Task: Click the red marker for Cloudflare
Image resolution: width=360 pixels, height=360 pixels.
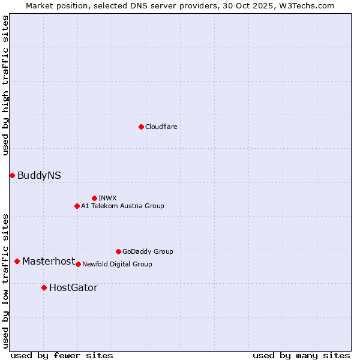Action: [x=141, y=127]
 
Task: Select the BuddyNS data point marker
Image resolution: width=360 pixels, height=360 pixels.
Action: [x=12, y=175]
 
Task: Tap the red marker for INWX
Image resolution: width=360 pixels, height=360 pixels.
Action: [x=94, y=198]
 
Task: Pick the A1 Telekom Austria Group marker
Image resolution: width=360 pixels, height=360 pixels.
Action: [x=77, y=206]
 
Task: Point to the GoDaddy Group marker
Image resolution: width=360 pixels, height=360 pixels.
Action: [x=118, y=251]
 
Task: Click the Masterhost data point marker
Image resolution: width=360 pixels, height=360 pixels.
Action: [x=17, y=261]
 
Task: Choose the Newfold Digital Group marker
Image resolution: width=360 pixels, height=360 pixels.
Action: [x=78, y=264]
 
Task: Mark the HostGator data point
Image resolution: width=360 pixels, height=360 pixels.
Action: [x=44, y=287]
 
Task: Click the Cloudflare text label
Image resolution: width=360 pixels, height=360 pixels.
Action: [x=161, y=127]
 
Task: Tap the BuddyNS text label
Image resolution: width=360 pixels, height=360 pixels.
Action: [x=39, y=175]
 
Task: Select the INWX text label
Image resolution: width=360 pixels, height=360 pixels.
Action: [x=107, y=198]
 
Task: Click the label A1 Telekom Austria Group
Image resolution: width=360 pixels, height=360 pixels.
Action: [x=122, y=206]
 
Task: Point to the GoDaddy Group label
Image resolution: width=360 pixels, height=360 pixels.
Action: [x=148, y=251]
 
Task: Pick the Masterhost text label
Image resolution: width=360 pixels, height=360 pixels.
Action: [x=49, y=261]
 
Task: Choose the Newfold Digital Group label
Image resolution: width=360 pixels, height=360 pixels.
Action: [x=117, y=264]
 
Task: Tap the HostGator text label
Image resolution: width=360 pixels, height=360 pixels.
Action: [x=73, y=287]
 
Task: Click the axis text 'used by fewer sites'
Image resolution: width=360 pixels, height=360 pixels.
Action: [x=62, y=355]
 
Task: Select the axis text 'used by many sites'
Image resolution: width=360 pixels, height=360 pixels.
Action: [x=301, y=355]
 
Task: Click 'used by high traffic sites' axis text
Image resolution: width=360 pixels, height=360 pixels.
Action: [x=5, y=85]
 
